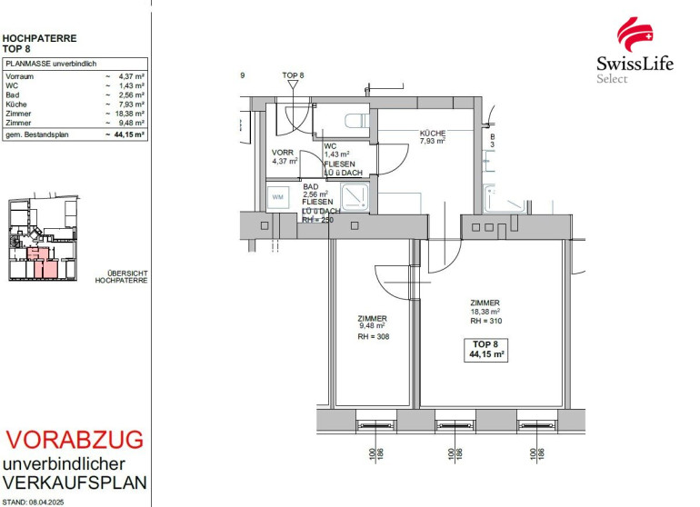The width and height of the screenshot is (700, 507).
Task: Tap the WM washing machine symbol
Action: pyautogui.click(x=277, y=197)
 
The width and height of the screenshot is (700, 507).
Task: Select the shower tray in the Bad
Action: pyautogui.click(x=355, y=196)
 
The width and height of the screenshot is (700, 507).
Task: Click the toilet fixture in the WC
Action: pyautogui.click(x=357, y=121)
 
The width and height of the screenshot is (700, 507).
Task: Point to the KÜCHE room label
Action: pyautogui.click(x=433, y=133)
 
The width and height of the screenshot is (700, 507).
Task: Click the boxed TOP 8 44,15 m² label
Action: pyautogui.click(x=486, y=350)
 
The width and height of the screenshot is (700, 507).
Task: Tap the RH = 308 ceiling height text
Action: pyautogui.click(x=374, y=336)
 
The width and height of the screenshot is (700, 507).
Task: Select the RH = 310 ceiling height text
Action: pyautogui.click(x=486, y=321)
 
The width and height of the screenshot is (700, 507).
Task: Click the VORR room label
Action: pyautogui.click(x=283, y=153)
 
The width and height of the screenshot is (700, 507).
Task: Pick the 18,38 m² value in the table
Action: pyautogui.click(x=130, y=114)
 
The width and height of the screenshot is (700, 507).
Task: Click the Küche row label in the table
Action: pyautogui.click(x=16, y=104)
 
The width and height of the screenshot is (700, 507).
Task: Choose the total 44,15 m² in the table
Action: pyautogui.click(x=129, y=134)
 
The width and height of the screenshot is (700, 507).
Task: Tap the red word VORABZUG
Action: pyautogui.click(x=75, y=440)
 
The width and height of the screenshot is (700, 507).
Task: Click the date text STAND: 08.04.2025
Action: pyautogui.click(x=33, y=502)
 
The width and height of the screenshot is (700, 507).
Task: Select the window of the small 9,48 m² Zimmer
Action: pyautogui.click(x=375, y=425)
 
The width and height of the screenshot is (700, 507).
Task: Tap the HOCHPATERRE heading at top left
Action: pyautogui.click(x=39, y=38)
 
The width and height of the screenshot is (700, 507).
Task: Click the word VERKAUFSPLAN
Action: pyautogui.click(x=75, y=482)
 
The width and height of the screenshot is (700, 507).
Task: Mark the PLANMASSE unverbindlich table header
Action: pyautogui.click(x=51, y=64)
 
